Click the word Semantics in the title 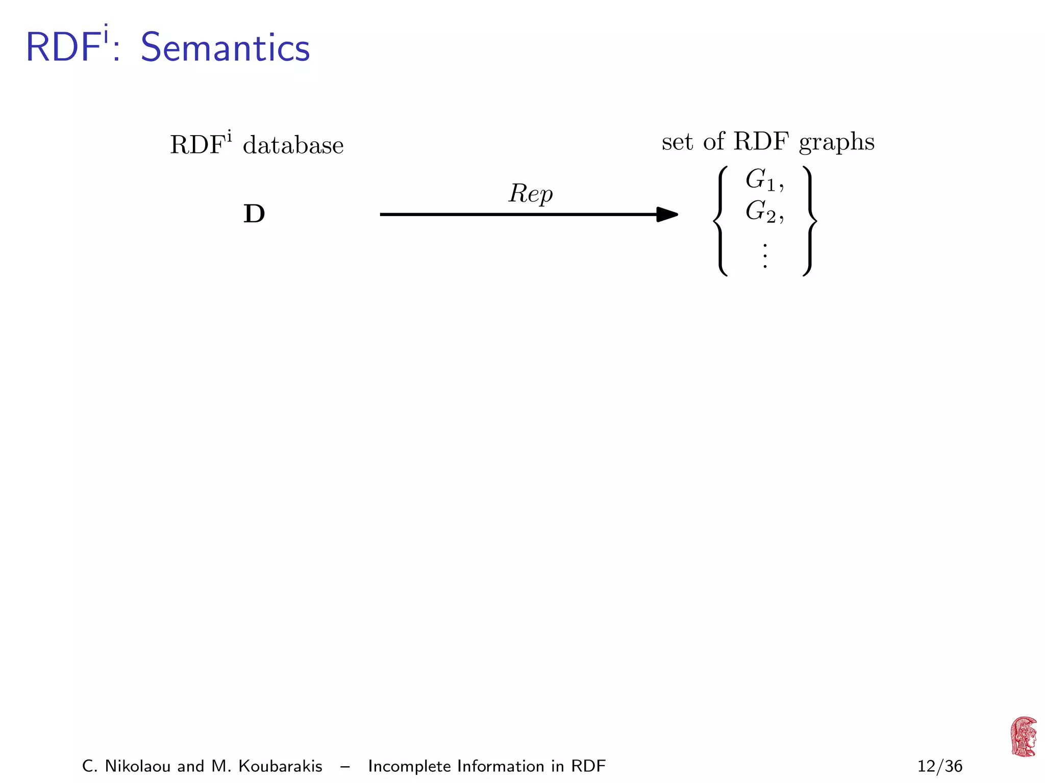pos(225,48)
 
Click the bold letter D pos(254,214)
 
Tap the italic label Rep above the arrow pos(531,194)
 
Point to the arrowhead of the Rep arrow pos(667,215)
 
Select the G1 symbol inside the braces pos(760,180)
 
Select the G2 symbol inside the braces pos(760,212)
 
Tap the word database pos(293,146)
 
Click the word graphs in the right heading pos(836,143)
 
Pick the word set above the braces pos(677,142)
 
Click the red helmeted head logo pos(1024,737)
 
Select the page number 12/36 pos(940,766)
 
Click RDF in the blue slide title pos(62,48)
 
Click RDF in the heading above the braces pos(761,142)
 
